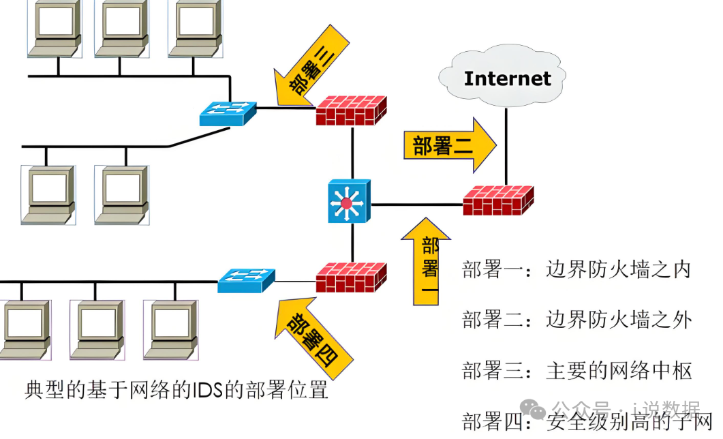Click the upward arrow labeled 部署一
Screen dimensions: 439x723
(427, 262)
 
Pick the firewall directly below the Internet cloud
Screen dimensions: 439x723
(497, 200)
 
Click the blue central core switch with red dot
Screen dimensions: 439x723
(349, 201)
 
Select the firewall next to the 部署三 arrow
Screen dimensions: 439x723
(351, 110)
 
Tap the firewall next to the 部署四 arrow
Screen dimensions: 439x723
(351, 277)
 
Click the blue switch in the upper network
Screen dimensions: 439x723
(228, 113)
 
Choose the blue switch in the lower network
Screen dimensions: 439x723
(246, 279)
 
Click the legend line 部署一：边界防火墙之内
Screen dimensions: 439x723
(576, 269)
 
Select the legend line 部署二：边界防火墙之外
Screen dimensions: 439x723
(576, 319)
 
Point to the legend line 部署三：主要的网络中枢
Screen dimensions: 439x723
(576, 371)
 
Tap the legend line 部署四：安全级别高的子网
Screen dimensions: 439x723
(586, 421)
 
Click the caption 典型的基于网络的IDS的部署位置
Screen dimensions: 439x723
(176, 391)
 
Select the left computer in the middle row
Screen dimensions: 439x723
(46, 194)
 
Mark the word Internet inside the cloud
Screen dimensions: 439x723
(507, 78)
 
